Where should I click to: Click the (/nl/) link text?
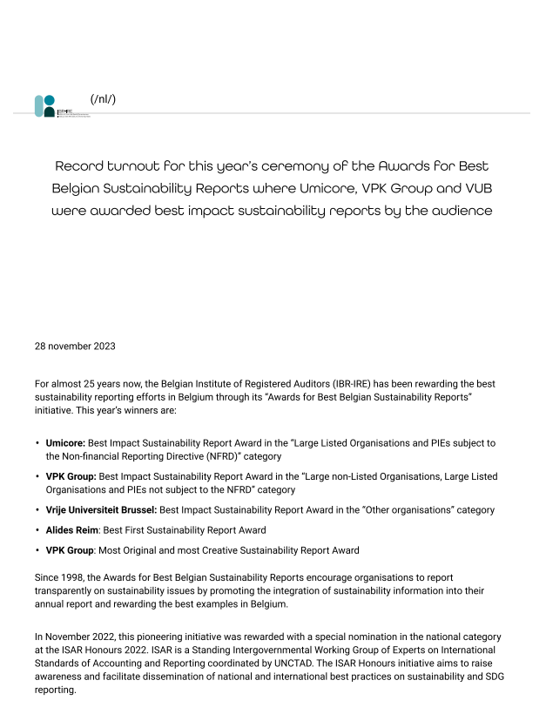(x=103, y=98)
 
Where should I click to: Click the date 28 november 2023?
(x=75, y=346)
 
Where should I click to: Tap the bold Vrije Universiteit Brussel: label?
(x=101, y=509)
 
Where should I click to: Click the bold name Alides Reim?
(x=71, y=529)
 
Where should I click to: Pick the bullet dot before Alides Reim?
(x=37, y=529)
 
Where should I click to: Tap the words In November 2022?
(x=73, y=637)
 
